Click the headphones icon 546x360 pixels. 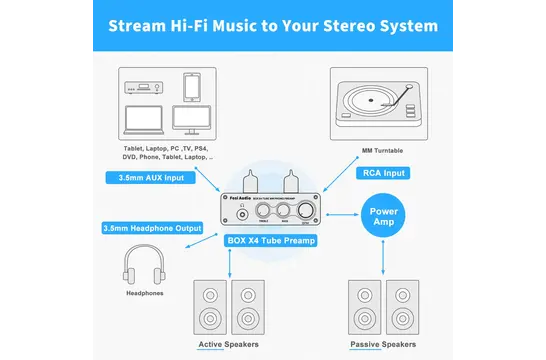tap(143, 269)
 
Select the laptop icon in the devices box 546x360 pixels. tap(146, 118)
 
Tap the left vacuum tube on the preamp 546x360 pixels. tap(246, 186)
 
